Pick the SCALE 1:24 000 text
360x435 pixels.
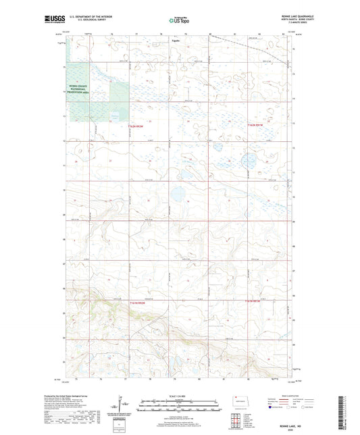click(x=180, y=396)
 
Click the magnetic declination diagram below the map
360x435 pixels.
click(x=124, y=406)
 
